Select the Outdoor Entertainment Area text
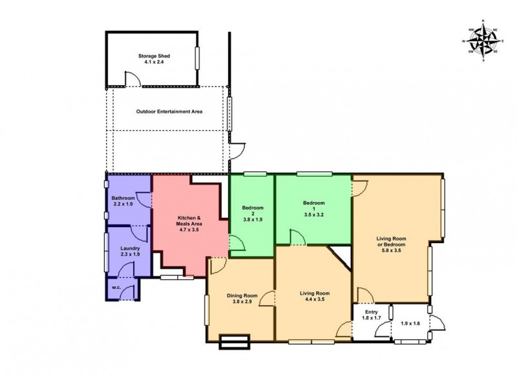(169, 112)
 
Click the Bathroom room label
(123, 198)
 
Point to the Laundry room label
(131, 248)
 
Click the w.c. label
(116, 287)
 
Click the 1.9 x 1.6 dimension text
(411, 324)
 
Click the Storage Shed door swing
(131, 77)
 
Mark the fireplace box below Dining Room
(235, 342)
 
